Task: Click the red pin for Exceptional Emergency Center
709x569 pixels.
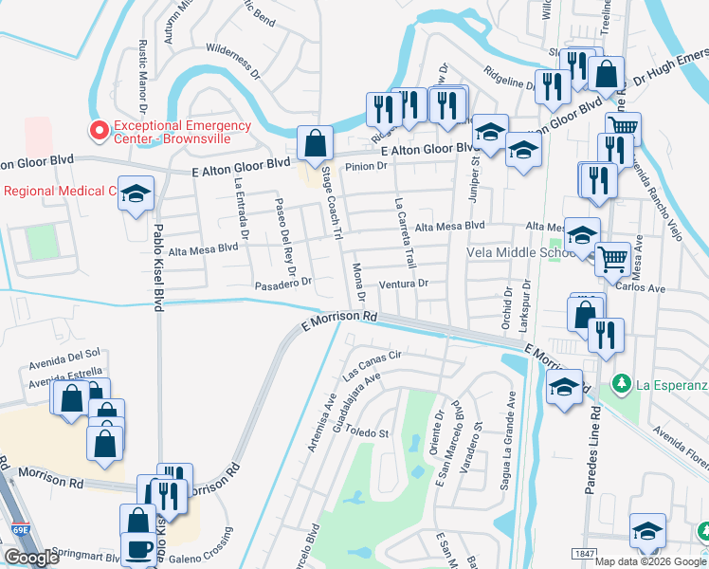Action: point(97,129)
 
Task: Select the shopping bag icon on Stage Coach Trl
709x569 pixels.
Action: point(315,144)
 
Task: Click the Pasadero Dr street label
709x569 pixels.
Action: point(283,284)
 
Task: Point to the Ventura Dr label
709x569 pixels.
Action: point(405,284)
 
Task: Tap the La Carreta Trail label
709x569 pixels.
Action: point(405,232)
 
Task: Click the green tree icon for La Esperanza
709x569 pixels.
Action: point(622,384)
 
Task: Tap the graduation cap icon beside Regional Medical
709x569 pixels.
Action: point(136,194)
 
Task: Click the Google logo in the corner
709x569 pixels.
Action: point(31,558)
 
